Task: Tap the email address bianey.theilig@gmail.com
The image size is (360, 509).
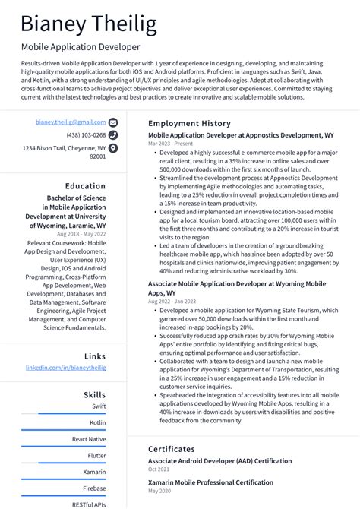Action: pos(71,122)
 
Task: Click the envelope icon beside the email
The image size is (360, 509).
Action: pos(113,122)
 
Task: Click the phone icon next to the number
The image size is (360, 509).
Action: pos(113,135)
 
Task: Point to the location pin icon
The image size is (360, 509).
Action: pos(113,148)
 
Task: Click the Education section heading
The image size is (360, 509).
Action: pos(85,185)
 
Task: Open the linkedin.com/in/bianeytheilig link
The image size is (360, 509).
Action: pos(66,368)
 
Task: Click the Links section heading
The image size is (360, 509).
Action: pos(95,356)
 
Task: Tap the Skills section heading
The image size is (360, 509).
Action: pos(95,395)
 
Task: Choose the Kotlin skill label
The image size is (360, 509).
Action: pos(98,422)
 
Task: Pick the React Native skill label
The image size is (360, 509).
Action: pos(89,439)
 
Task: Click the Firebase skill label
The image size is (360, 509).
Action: pos(95,488)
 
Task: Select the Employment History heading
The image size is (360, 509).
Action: pos(189,123)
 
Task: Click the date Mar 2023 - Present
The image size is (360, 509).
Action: pos(170,143)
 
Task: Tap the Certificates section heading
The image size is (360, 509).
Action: pos(172,449)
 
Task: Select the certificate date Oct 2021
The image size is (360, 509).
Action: pos(159,469)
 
